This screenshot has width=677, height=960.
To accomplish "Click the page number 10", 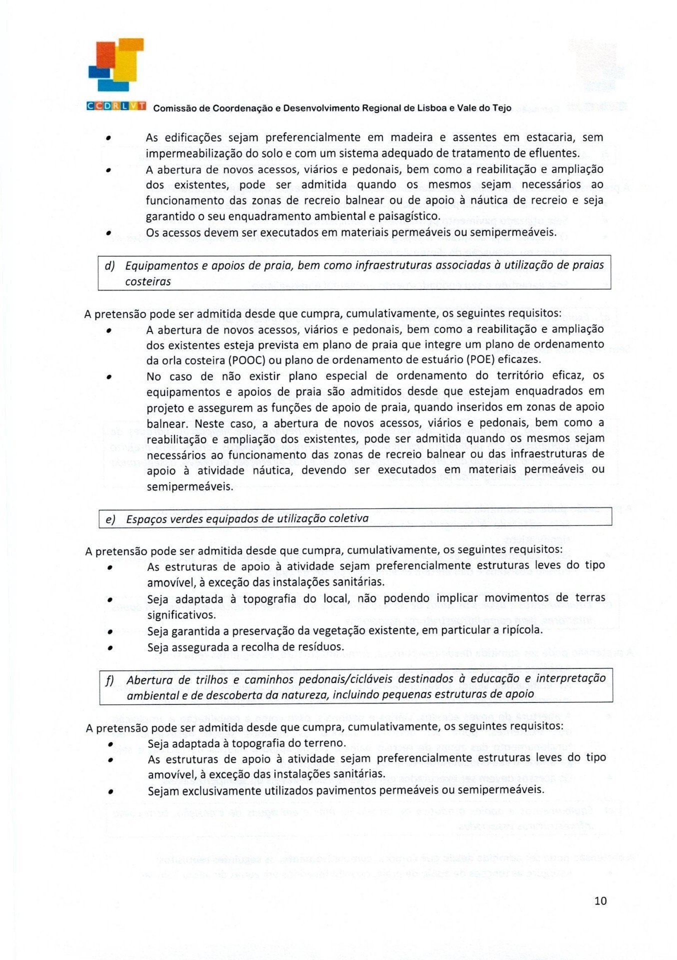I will pyautogui.click(x=600, y=900).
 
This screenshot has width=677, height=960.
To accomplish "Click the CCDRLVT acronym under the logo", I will pyautogui.click(x=116, y=106).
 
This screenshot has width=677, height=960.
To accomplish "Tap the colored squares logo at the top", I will pyautogui.click(x=116, y=64).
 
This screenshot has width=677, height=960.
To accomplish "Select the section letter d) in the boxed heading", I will pyautogui.click(x=110, y=265).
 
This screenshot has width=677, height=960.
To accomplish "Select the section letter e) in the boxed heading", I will pyautogui.click(x=110, y=519).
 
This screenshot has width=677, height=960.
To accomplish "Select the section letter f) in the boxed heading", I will pyautogui.click(x=110, y=680).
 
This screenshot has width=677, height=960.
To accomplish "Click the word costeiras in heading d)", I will pyautogui.click(x=148, y=281).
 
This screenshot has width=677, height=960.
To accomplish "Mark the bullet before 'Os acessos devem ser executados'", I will pyautogui.click(x=108, y=233).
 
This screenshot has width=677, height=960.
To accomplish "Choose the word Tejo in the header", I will pyautogui.click(x=501, y=108).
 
